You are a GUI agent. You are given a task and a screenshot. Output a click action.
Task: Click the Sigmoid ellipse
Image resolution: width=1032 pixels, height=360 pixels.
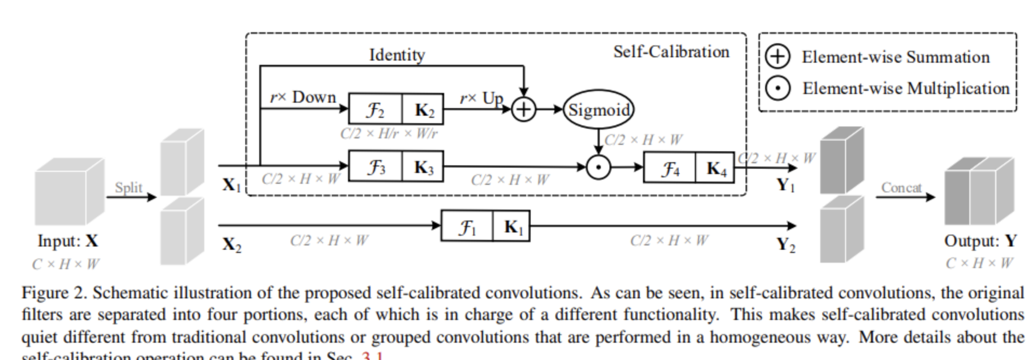(x=598, y=110)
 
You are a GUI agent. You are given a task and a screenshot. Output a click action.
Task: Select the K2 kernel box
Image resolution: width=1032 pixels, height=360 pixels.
(x=423, y=110)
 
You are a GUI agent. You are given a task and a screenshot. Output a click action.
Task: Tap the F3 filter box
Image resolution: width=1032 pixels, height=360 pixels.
(x=376, y=167)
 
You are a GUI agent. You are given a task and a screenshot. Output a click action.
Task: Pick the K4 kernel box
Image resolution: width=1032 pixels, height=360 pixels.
(x=715, y=169)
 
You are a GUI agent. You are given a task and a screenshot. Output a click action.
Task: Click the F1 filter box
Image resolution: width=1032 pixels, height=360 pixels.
(x=467, y=226)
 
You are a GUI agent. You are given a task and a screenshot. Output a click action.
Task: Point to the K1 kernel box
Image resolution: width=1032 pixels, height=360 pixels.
(x=512, y=226)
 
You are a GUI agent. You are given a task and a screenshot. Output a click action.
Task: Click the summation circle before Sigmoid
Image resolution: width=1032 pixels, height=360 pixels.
(x=523, y=110)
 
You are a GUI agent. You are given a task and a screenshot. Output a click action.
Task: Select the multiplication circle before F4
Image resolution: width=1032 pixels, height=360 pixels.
(x=598, y=167)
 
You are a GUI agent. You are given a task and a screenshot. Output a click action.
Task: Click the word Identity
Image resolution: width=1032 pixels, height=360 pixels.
(x=397, y=55)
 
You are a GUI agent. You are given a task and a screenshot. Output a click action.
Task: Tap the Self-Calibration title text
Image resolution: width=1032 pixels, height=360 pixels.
(x=671, y=52)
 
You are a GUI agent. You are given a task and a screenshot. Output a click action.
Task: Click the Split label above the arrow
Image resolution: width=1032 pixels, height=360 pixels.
(x=129, y=187)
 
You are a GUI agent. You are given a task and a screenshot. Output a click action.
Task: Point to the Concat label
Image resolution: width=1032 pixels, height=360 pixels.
(x=901, y=187)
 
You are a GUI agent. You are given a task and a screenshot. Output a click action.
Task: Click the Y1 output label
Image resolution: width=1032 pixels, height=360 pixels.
(x=786, y=185)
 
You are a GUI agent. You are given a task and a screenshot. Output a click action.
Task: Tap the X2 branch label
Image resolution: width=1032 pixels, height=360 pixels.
(x=232, y=244)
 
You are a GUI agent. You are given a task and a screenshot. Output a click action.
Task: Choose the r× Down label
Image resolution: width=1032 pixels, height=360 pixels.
(x=303, y=97)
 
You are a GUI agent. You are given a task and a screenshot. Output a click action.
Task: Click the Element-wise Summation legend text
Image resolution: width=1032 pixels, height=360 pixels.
(x=895, y=57)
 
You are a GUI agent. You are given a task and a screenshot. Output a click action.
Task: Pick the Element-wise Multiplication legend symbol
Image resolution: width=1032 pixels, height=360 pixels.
(x=778, y=88)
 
